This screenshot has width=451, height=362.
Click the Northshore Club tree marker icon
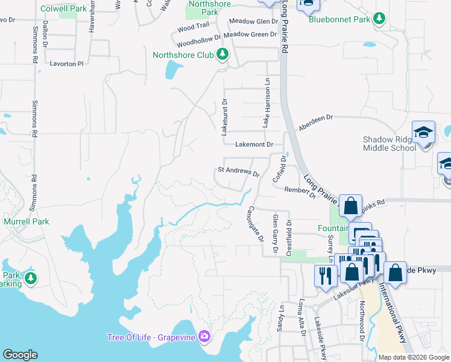point(222,55)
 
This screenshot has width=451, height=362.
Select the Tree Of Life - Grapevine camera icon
point(204,336)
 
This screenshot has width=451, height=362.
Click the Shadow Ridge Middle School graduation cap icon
point(423,133)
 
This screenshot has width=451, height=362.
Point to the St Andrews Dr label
point(238,171)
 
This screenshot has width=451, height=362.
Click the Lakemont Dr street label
point(254,145)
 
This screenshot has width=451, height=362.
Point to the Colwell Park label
point(63,9)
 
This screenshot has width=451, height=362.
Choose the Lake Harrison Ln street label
point(265,103)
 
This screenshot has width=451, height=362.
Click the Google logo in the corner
point(20,355)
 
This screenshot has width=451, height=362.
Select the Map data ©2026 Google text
point(413,357)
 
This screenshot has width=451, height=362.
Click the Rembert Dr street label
point(300,191)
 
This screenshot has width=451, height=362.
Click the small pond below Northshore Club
point(171,70)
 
